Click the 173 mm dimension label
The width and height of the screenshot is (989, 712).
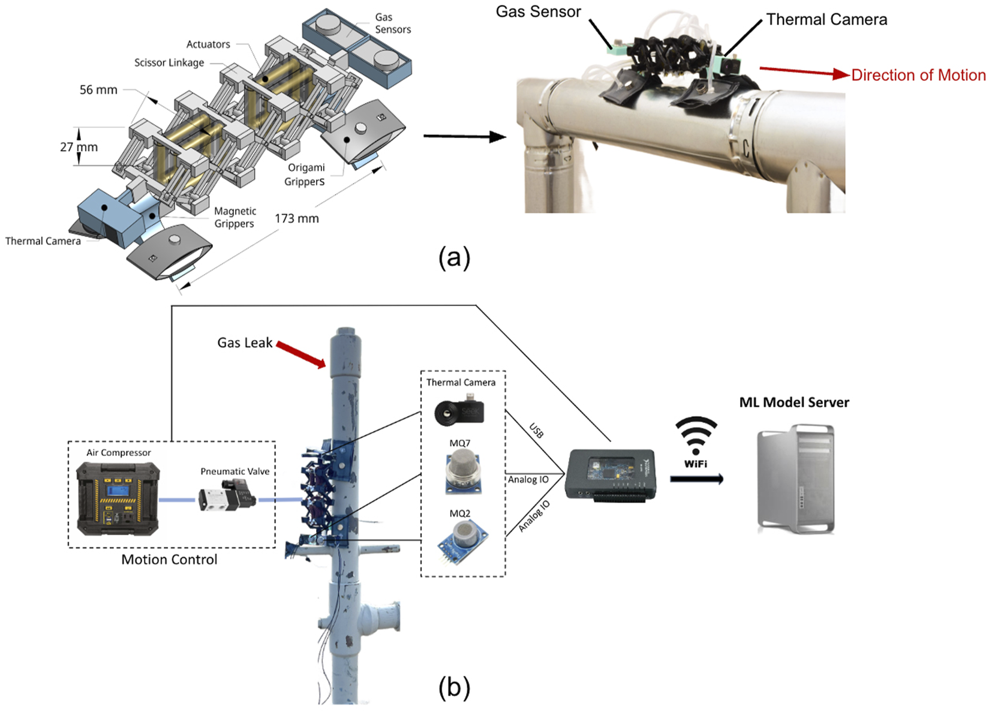coord(296,218)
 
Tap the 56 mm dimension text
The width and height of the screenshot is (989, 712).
coord(98,90)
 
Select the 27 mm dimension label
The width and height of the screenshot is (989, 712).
coord(79,147)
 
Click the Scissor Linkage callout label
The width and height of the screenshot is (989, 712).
coord(169,62)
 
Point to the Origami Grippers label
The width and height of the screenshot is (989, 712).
coord(305,175)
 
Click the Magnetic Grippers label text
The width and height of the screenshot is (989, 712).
coord(235,217)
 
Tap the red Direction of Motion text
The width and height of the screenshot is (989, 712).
coord(918,75)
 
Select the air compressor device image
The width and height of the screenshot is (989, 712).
coord(118,498)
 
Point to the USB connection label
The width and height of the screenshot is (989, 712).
coord(536,431)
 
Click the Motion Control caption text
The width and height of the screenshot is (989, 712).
coord(169,560)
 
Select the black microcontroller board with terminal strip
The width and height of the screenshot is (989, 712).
coord(610,474)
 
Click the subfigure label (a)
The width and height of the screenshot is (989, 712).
coord(454,258)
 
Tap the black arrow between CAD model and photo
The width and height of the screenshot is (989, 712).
coord(464,137)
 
